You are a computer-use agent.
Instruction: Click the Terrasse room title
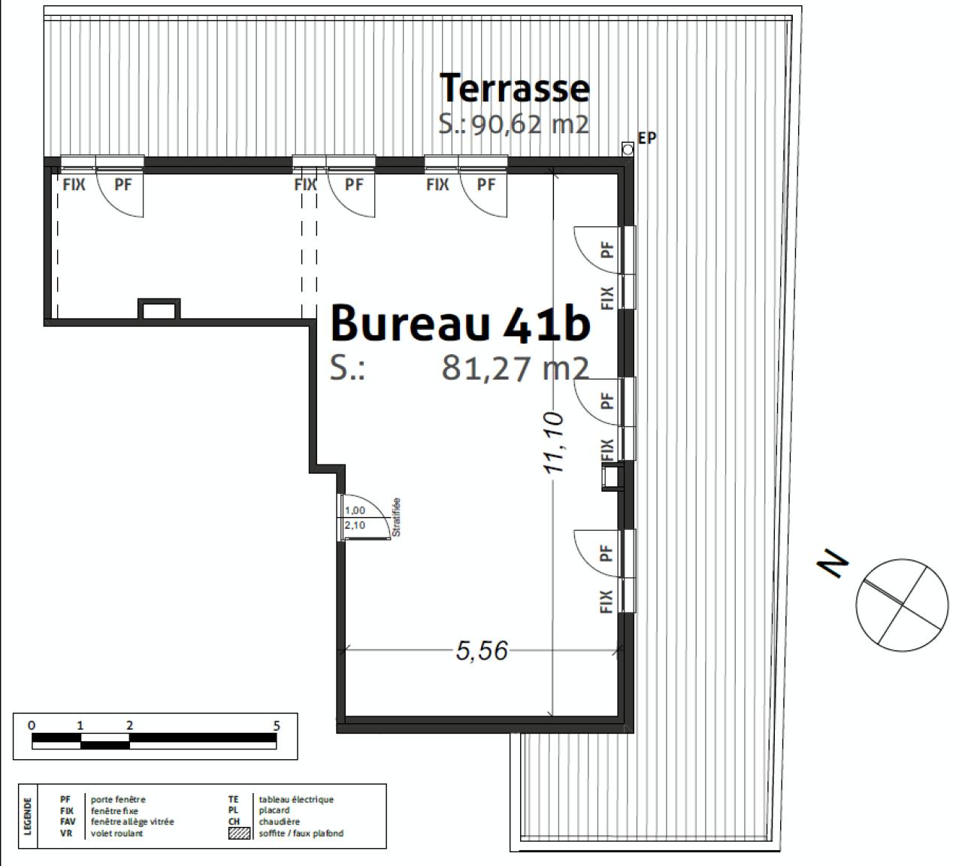tap(514, 87)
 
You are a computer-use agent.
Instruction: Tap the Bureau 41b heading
tap(460, 322)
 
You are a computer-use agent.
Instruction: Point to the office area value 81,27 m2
tap(515, 368)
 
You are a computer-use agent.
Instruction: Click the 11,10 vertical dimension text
tap(554, 443)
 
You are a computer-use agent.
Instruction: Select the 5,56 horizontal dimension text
tap(482, 650)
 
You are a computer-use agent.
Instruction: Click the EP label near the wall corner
tap(646, 138)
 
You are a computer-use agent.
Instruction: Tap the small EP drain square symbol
tap(628, 150)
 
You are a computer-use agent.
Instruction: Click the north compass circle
tap(902, 603)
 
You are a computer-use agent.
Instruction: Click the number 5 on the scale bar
tap(277, 725)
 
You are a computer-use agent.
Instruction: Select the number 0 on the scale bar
tap(32, 725)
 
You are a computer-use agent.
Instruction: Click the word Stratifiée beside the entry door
tap(396, 517)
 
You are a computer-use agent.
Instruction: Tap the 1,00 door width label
tap(355, 510)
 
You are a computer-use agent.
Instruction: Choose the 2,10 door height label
tap(355, 525)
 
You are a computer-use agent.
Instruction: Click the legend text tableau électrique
tap(296, 800)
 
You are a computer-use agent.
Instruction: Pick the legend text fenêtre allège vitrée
tap(132, 822)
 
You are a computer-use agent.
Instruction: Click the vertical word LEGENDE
tap(29, 816)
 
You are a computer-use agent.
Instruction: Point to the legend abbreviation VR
tap(66, 833)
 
